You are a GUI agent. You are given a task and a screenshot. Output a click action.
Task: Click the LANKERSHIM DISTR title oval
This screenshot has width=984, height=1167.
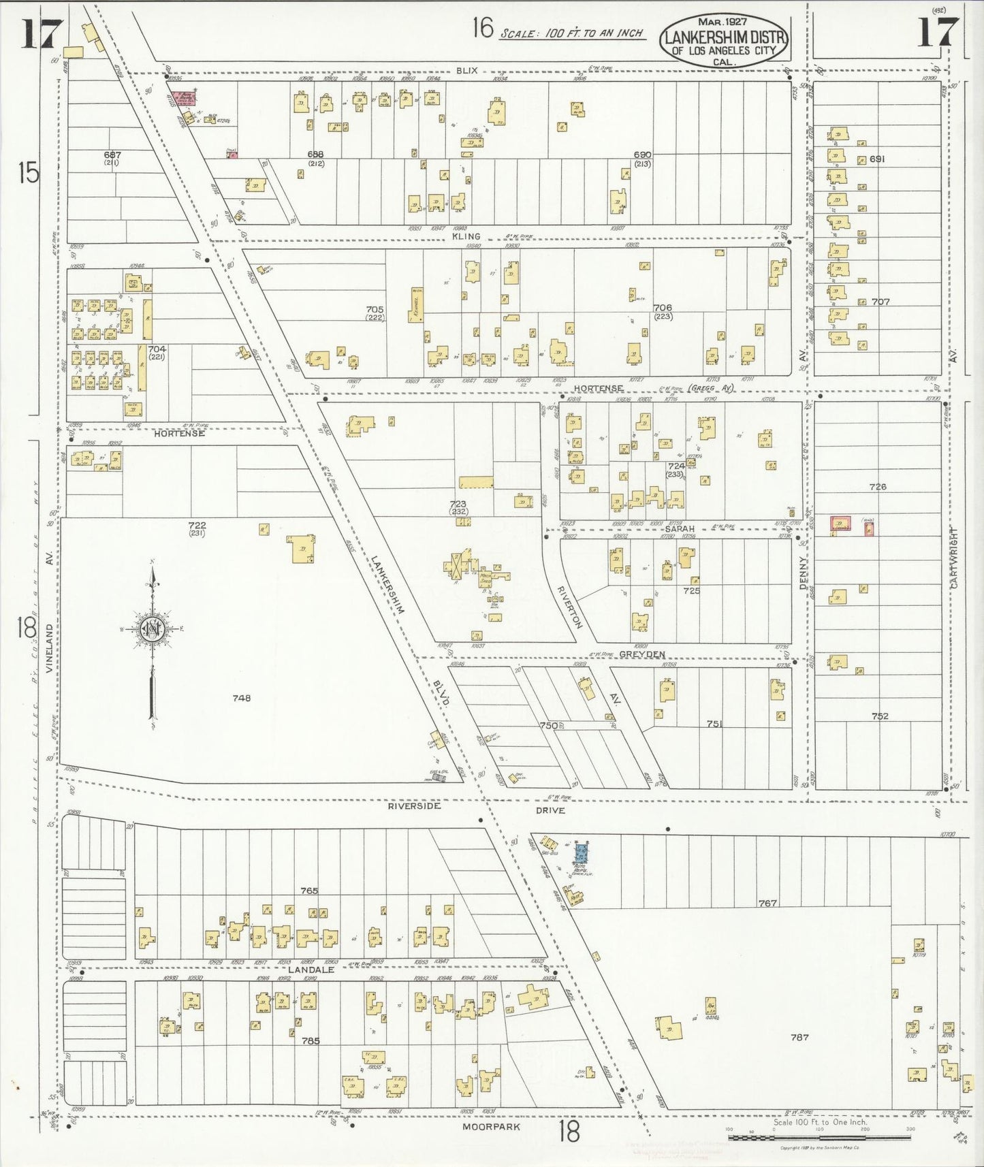tap(723, 40)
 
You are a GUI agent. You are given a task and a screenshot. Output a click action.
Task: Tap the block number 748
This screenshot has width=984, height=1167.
tap(241, 698)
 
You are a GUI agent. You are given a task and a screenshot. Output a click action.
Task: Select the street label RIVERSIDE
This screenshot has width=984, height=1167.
tap(414, 806)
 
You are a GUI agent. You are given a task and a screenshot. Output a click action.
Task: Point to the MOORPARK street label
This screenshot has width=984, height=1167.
tap(491, 1127)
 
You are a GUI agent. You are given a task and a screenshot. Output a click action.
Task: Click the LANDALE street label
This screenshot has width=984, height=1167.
tap(311, 970)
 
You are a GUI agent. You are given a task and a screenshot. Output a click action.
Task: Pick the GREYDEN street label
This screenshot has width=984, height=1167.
tap(641, 654)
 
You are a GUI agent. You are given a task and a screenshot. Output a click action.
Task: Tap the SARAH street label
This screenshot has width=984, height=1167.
tap(680, 529)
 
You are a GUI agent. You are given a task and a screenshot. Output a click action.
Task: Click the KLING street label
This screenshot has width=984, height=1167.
tap(466, 236)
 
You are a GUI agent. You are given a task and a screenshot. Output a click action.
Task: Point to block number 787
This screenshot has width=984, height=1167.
tap(799, 1038)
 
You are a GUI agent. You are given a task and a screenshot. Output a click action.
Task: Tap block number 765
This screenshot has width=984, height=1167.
tap(309, 891)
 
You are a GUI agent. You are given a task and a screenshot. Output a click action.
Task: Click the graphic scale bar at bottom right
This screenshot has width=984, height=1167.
tap(819, 1137)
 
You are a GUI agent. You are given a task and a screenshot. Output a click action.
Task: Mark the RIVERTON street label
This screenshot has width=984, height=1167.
tap(570, 607)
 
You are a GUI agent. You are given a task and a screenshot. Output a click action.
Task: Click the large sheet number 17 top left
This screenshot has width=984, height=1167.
tap(42, 34)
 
